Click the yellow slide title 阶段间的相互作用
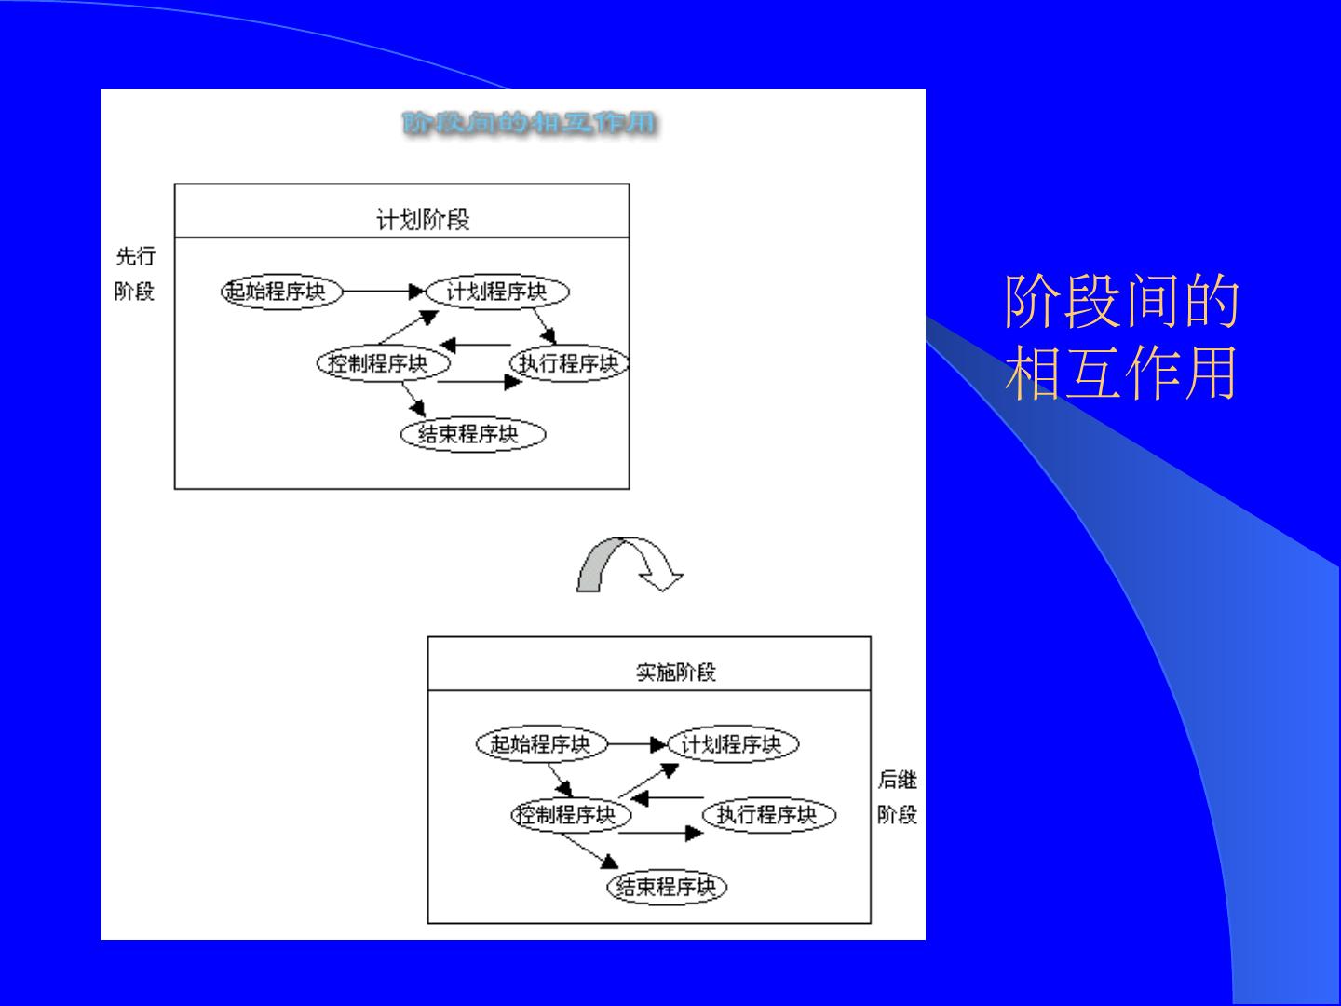click(1121, 337)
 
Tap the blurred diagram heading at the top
click(530, 123)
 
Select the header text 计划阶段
click(423, 220)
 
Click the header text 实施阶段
click(675, 672)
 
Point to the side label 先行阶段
click(135, 274)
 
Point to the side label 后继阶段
click(897, 796)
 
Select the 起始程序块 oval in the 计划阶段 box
click(281, 292)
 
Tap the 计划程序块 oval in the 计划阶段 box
click(496, 292)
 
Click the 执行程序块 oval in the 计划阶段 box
click(569, 363)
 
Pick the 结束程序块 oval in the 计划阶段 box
click(472, 434)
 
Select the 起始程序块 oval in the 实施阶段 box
click(541, 744)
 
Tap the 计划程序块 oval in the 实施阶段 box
click(733, 744)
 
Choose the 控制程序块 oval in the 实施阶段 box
click(571, 815)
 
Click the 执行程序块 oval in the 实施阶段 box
click(767, 815)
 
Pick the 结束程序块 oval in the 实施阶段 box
click(666, 887)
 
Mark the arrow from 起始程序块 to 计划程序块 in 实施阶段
click(637, 744)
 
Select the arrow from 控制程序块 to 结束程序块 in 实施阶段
click(591, 850)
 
